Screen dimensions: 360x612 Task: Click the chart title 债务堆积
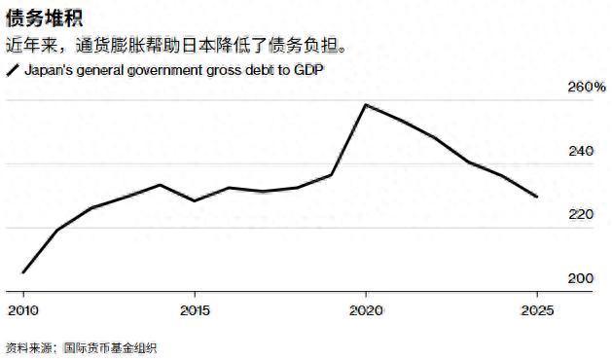point(39,17)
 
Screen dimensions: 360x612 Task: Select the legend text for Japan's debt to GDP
point(172,71)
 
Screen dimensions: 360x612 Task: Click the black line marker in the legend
point(13,71)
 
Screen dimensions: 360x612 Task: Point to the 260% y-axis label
point(586,88)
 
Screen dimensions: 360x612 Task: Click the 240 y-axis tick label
point(580,152)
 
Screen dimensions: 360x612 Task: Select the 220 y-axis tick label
point(580,214)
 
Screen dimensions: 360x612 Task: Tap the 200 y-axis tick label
point(580,278)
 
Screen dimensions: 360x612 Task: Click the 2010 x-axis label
point(22,310)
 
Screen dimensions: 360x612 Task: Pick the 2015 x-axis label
point(194,310)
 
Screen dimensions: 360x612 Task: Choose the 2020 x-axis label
point(365,310)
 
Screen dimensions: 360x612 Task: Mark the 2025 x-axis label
point(536,310)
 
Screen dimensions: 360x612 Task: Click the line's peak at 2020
point(365,104)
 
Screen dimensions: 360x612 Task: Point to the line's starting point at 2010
point(22,272)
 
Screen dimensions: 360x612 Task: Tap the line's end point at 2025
point(536,197)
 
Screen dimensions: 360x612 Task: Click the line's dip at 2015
point(194,201)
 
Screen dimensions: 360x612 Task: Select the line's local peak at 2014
point(160,185)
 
